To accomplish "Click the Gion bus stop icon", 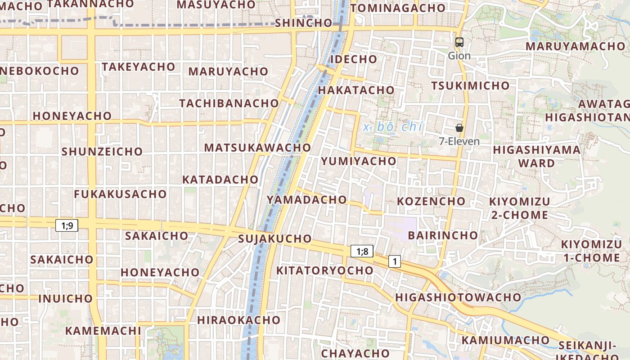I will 459,43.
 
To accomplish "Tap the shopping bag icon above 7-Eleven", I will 459,128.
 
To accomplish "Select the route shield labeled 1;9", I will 67,225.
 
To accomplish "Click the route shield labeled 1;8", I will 362,251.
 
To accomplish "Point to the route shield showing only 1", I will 395,261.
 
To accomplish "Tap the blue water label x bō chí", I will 393,127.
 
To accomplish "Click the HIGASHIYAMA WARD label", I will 536,156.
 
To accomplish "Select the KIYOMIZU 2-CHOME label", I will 520,208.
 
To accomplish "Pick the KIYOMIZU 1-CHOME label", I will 591,251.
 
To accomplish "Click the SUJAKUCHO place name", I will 274,238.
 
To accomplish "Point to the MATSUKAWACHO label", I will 257,148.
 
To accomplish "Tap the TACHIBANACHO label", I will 229,103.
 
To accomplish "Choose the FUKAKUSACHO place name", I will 120,194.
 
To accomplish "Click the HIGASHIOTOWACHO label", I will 458,297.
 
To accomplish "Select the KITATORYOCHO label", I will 324,270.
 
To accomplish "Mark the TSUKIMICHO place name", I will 470,85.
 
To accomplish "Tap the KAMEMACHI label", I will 103,331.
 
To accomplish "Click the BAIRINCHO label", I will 436,235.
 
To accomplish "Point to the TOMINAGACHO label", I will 397,8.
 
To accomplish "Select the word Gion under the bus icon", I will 459,56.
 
